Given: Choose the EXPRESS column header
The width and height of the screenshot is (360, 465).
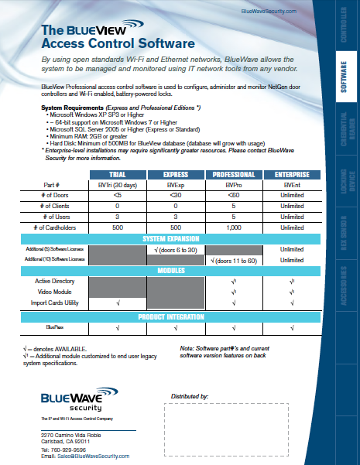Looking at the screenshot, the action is coord(177,175).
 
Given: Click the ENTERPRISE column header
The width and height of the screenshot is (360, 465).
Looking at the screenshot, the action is coord(292,175).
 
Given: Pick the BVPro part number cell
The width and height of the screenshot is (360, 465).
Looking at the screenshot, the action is coord(234,186).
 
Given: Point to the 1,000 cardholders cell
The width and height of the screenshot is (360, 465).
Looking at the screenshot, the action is coord(234,227).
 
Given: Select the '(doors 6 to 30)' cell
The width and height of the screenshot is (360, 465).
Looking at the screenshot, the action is coord(177,249).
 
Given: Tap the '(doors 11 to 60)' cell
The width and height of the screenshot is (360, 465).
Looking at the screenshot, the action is coord(235,260).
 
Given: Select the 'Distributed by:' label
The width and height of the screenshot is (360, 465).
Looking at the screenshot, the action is coord(189,396).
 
